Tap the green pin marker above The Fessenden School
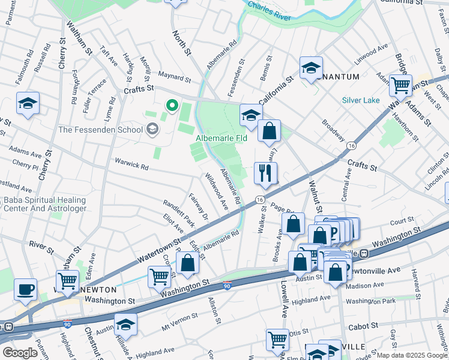tap(172, 106)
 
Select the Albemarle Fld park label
tap(221, 139)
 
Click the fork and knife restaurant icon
tap(265, 173)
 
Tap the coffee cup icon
tap(25, 289)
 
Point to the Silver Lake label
tap(361, 100)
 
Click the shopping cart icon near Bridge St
tap(400, 85)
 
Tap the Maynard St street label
tap(174, 77)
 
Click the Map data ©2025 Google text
tap(412, 355)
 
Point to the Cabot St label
tap(363, 326)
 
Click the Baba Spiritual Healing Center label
tap(44, 204)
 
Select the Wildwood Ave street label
tap(216, 192)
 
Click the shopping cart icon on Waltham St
tap(67, 280)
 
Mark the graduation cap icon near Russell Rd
tap(28, 104)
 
